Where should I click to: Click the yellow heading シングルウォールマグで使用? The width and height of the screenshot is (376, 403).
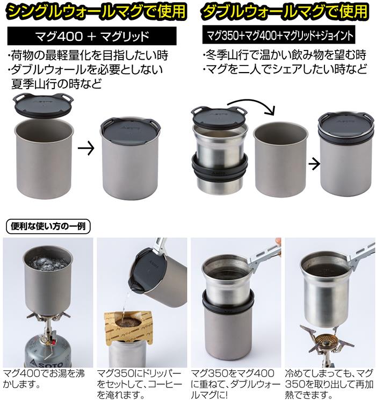coord(96,11)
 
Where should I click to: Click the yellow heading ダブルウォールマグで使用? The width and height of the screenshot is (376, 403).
coord(285,11)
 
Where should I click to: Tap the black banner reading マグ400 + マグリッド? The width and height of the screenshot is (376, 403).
coord(92,35)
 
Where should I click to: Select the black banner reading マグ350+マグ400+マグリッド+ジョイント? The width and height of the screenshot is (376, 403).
coord(279,35)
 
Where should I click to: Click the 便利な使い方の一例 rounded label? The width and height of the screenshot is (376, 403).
coord(48,226)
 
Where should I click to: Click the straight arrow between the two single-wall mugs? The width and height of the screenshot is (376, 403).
coord(86,148)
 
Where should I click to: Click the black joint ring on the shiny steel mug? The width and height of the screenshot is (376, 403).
coord(220,168)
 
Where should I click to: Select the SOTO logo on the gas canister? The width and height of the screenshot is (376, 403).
coord(46,363)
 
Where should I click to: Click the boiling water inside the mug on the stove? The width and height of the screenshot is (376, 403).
coord(48,264)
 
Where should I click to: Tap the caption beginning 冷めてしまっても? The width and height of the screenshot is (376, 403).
coord(329,385)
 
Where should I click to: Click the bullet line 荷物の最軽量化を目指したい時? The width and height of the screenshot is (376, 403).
coord(88,55)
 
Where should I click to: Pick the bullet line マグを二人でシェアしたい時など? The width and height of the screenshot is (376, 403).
coord(285,69)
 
